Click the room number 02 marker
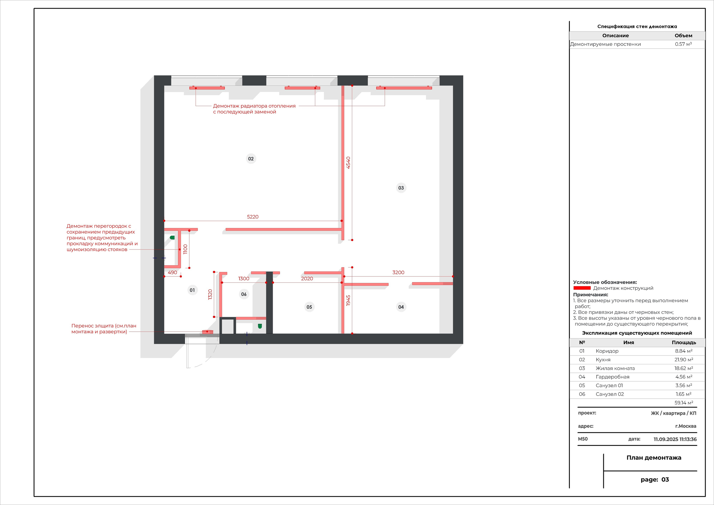[251, 159]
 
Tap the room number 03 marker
[401, 188]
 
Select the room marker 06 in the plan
[244, 294]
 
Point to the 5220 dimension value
[252, 217]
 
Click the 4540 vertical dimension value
[348, 163]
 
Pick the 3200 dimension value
[398, 273]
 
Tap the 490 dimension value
[172, 273]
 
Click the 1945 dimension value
[348, 300]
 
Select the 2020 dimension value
[307, 279]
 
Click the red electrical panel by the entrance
[208, 332]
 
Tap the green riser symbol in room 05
[260, 326]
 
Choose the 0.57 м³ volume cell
[683, 44]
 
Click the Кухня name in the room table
[603, 360]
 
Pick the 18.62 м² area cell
[683, 368]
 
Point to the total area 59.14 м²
[684, 403]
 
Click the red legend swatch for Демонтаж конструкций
[582, 288]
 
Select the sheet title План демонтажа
[654, 458]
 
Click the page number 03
[665, 480]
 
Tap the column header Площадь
[684, 343]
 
